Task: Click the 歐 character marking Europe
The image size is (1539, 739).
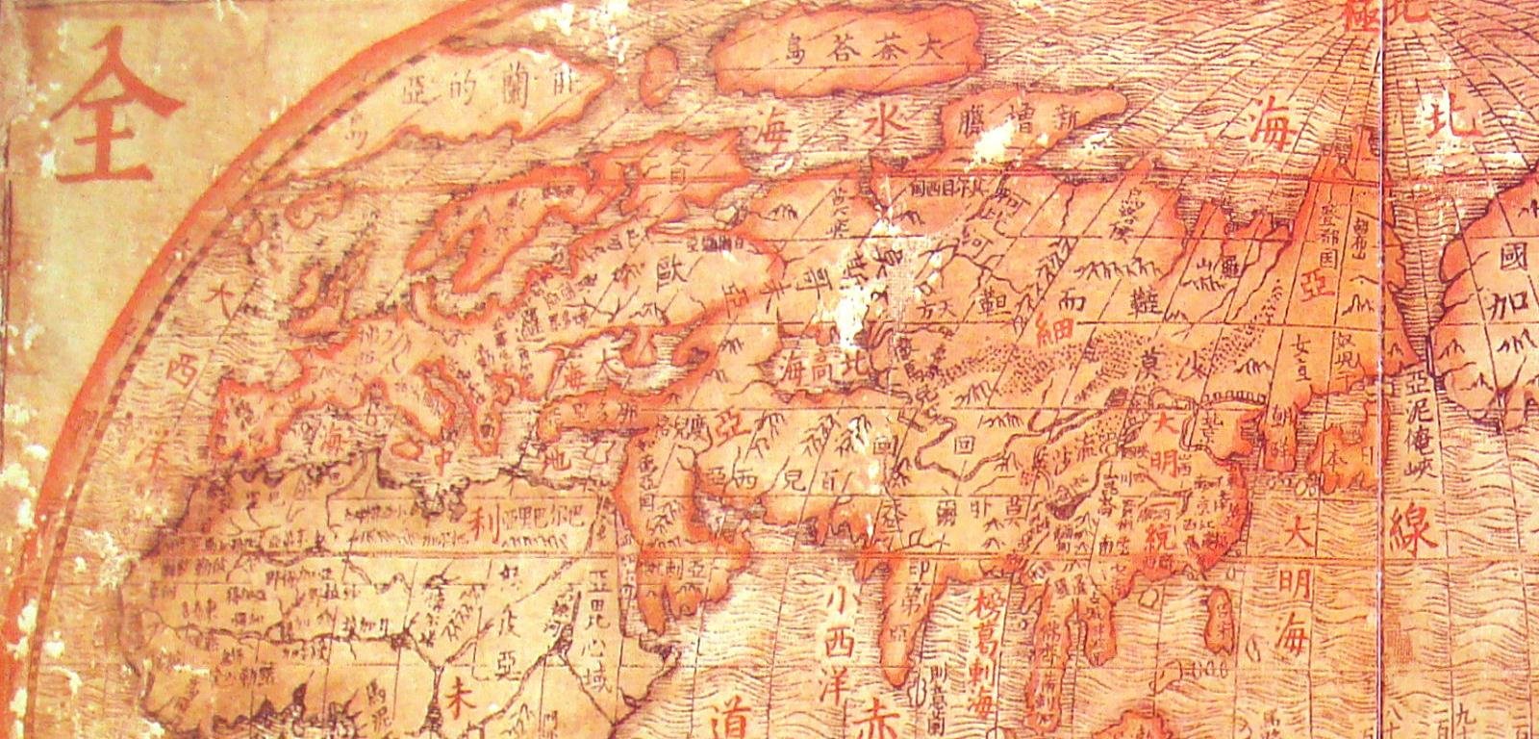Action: (667, 267)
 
